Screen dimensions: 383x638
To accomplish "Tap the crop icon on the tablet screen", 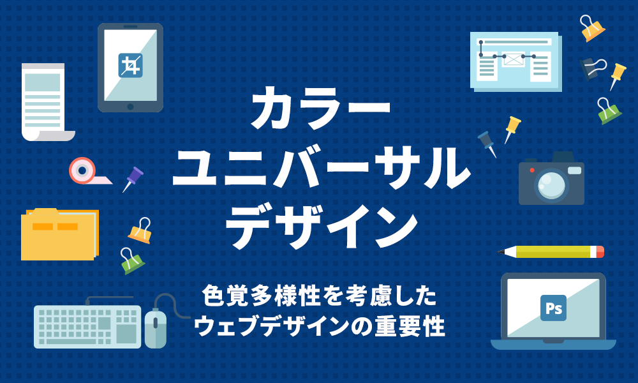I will (130, 66).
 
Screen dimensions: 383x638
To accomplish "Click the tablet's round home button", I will (130, 106).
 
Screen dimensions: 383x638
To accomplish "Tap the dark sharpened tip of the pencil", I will (501, 252).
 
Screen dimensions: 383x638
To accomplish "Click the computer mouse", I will (155, 327).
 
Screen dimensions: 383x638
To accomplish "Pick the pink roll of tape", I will (82, 170).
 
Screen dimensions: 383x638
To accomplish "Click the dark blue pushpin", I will (488, 143).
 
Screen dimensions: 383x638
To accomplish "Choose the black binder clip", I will (591, 68).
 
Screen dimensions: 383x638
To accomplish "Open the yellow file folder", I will (58, 234).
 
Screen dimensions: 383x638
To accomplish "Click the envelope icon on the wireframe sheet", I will (513, 57).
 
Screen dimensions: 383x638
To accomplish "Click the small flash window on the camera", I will (574, 170).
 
